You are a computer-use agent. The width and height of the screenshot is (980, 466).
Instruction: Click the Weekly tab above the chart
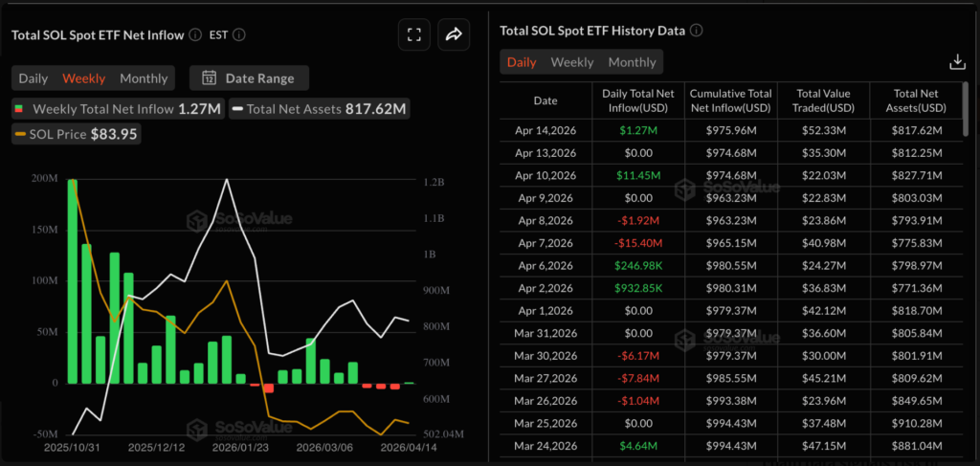(83, 78)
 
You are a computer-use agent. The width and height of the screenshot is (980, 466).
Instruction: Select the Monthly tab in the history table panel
(632, 62)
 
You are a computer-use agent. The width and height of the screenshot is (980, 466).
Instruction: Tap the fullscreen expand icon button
(414, 35)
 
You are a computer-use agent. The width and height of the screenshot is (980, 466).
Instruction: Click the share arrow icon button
(454, 35)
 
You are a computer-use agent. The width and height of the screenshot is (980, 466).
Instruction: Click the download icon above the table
(956, 62)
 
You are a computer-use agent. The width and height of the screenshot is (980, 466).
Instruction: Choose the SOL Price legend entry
(78, 134)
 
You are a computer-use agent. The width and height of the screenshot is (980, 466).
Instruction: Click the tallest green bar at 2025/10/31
(73, 280)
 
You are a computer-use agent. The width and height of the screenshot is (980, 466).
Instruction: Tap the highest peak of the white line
(227, 180)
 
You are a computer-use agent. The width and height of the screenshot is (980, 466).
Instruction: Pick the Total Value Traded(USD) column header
(823, 101)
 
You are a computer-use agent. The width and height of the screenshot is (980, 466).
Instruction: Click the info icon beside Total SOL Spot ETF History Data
(697, 31)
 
